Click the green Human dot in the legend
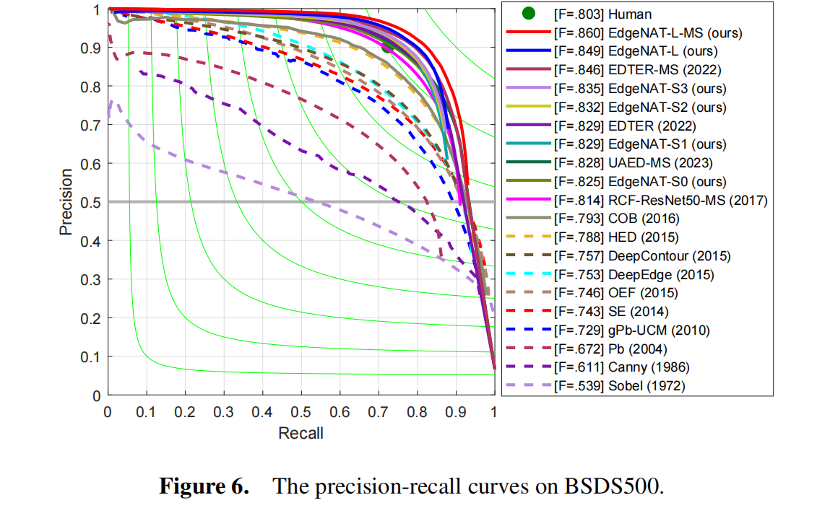click(x=529, y=14)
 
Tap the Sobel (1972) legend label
click(x=618, y=386)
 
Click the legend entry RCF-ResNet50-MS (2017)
click(x=659, y=200)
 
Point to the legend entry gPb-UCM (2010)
click(x=631, y=330)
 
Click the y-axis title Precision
click(x=66, y=202)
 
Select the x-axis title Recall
click(x=301, y=433)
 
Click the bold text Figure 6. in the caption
click(x=204, y=485)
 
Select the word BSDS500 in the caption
click(x=613, y=485)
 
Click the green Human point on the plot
click(x=386, y=46)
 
